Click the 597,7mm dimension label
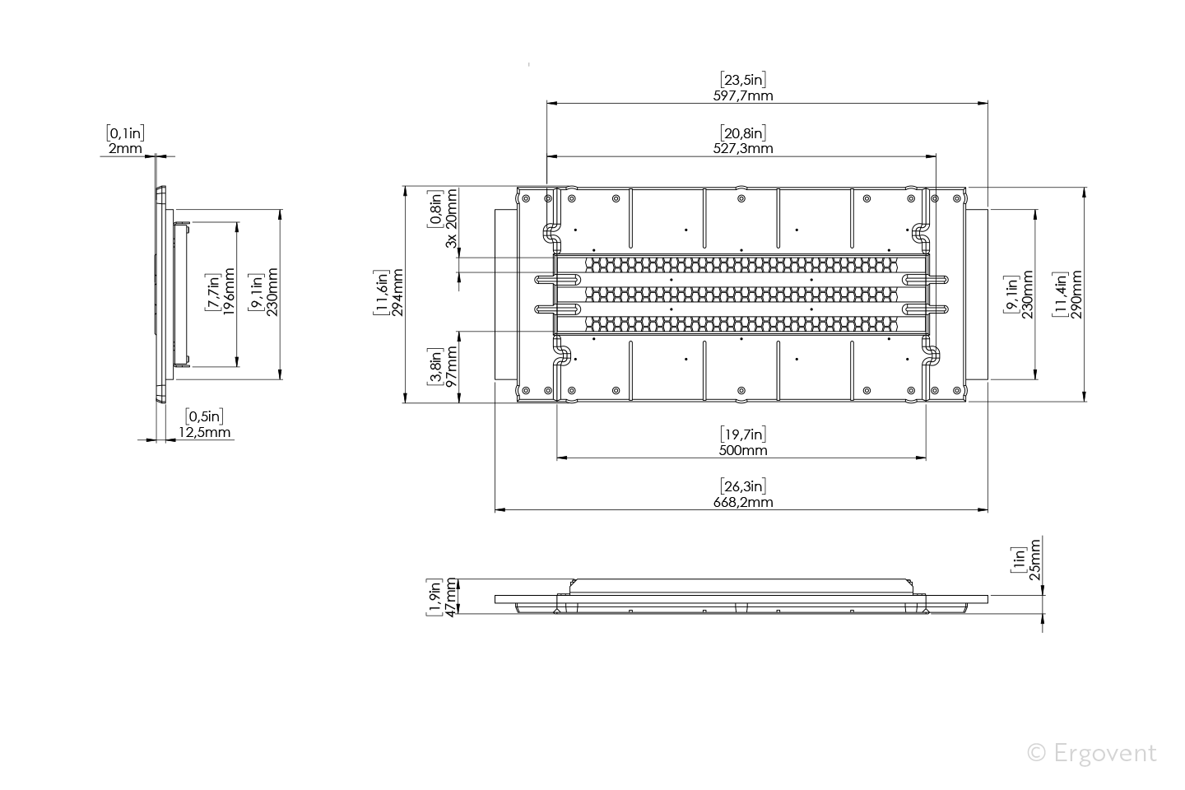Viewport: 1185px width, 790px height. (743, 95)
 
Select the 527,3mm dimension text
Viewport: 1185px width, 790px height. (743, 148)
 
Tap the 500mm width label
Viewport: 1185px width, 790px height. (743, 450)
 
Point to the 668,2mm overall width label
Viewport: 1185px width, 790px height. (743, 502)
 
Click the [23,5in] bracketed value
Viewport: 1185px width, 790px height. (743, 80)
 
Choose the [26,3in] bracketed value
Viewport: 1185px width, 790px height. (743, 486)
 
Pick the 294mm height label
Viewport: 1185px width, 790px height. (397, 293)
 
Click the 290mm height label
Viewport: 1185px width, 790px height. (1076, 295)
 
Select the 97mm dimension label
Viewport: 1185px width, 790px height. (451, 367)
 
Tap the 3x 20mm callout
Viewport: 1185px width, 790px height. (451, 219)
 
